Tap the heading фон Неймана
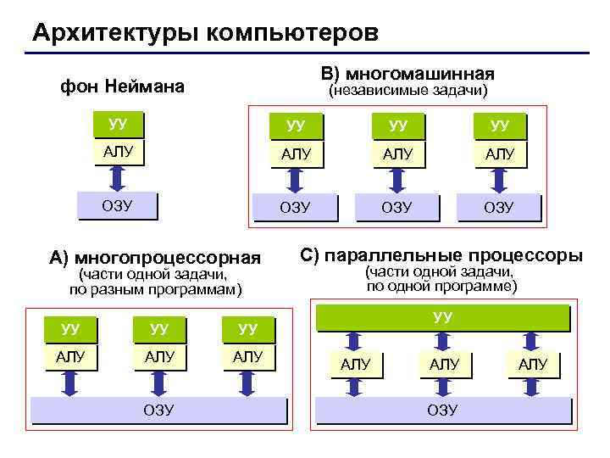point(123,87)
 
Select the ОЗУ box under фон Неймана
point(118,204)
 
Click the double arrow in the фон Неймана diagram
point(118,177)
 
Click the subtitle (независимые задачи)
point(408,90)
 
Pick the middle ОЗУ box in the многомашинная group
point(396,207)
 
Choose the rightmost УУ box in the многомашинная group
point(499,126)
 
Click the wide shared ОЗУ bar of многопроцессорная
point(158,410)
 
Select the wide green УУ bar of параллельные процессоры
point(441,318)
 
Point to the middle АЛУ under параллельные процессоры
point(444,365)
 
